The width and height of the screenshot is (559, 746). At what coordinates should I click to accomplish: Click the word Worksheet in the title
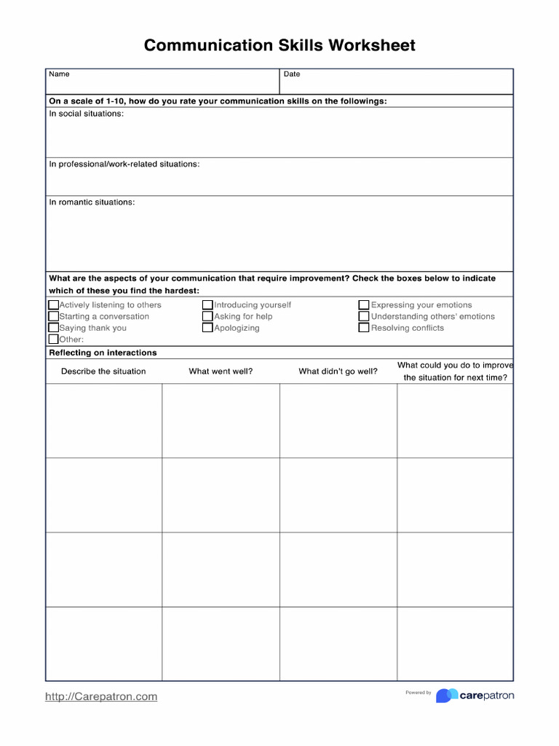372,46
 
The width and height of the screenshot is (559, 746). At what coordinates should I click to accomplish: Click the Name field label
59,74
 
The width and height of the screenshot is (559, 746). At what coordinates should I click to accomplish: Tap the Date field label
292,74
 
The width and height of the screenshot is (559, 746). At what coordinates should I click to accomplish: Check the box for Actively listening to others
54,305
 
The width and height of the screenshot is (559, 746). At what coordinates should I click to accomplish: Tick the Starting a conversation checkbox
54,317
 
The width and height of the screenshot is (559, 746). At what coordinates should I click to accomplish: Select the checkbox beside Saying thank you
54,328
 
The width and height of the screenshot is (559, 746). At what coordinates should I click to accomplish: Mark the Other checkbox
54,339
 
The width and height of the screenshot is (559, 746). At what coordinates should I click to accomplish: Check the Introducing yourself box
208,305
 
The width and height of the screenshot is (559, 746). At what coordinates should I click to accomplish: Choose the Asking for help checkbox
208,317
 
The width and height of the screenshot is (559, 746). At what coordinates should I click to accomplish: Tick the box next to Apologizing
208,328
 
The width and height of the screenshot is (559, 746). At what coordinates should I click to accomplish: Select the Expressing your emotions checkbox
364,305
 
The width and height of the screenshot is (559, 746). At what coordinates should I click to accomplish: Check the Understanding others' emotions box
364,317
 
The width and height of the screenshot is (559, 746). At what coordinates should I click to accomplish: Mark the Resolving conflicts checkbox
364,328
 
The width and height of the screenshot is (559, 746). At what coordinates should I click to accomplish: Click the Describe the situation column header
103,372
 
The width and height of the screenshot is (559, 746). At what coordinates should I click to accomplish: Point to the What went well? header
221,372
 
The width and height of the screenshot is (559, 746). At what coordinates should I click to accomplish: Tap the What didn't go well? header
338,372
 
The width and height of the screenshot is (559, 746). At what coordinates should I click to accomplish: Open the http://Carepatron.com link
101,696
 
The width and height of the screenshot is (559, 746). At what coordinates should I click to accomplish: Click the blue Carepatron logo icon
447,696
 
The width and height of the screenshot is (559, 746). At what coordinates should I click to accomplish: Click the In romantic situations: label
92,202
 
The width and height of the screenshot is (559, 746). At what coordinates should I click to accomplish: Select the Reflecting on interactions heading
103,353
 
